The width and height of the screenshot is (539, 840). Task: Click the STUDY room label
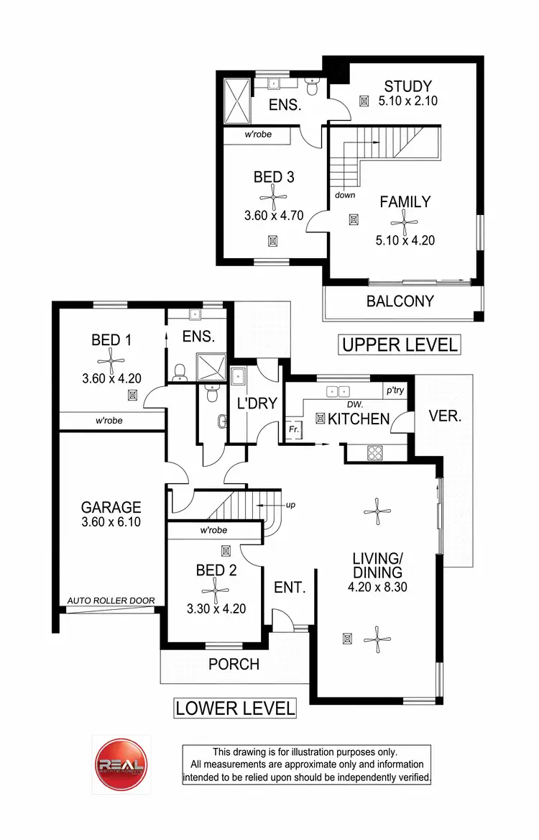pyautogui.click(x=407, y=86)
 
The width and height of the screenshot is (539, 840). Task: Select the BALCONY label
pyautogui.click(x=400, y=301)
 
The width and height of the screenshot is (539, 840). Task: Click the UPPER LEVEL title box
pyautogui.click(x=400, y=345)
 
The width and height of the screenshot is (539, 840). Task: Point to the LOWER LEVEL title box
pyautogui.click(x=235, y=708)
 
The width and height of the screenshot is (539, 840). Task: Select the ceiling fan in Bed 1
pyautogui.click(x=111, y=357)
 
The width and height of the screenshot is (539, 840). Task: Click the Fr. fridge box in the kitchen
pyautogui.click(x=294, y=429)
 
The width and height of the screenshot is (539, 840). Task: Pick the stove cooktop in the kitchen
pyautogui.click(x=375, y=452)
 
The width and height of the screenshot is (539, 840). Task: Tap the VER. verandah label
pyautogui.click(x=444, y=416)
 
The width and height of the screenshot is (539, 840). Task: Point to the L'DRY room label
pyautogui.click(x=257, y=404)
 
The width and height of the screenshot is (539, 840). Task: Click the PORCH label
pyautogui.click(x=234, y=664)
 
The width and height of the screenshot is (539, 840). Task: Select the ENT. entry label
pyautogui.click(x=290, y=588)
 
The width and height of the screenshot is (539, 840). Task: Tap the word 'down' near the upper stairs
pyautogui.click(x=344, y=195)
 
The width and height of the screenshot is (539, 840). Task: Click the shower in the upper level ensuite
pyautogui.click(x=236, y=100)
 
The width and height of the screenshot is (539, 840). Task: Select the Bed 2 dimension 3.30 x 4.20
pyautogui.click(x=216, y=608)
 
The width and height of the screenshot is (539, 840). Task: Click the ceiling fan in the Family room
pyautogui.click(x=405, y=222)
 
